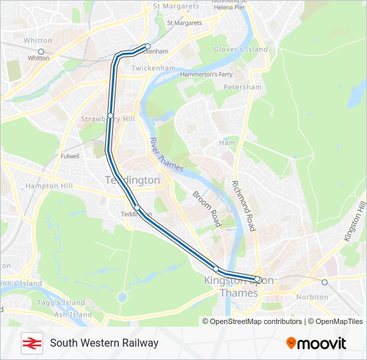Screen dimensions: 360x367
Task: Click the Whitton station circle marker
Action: point(41,51)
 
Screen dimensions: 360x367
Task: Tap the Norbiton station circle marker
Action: point(325,282)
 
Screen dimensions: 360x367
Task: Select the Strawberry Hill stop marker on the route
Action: point(110,116)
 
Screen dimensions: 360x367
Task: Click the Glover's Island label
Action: point(240,49)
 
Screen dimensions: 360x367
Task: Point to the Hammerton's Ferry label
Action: point(206,74)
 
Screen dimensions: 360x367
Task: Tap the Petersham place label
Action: point(242,87)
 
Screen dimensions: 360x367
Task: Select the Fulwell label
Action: point(69,156)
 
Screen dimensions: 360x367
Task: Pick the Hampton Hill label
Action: point(48,186)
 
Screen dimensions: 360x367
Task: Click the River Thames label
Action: point(166,155)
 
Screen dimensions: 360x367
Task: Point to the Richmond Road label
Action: point(244,206)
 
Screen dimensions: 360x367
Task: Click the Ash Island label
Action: point(73,314)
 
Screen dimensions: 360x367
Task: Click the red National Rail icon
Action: point(30,343)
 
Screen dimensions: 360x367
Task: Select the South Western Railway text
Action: point(104,343)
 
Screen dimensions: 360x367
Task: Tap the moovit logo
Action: point(316,343)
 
